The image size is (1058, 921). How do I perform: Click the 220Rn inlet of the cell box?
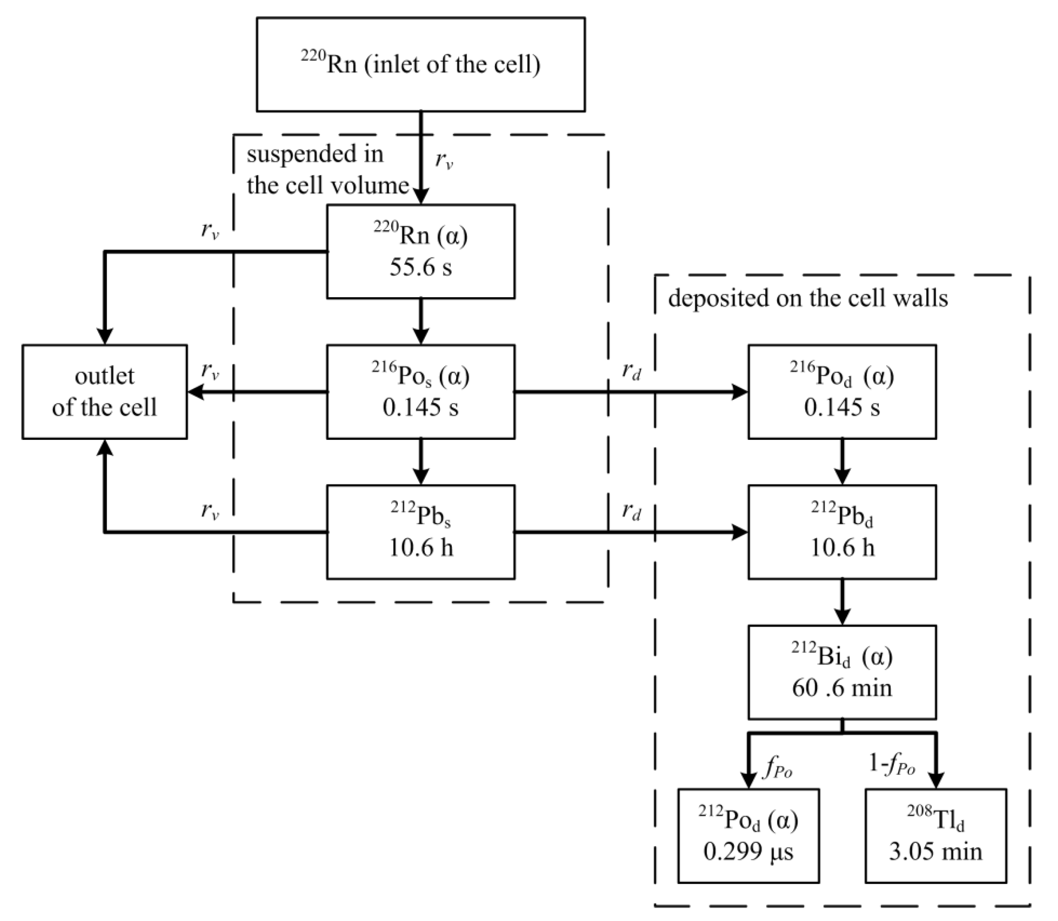tap(420, 65)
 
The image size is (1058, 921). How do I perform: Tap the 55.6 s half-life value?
tap(420, 267)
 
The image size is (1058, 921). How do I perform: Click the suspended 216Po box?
tap(420, 392)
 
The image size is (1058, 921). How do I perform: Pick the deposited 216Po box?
tap(841, 392)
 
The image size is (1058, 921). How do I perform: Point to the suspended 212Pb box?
tap(420, 532)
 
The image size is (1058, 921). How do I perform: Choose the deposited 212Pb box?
tap(841, 532)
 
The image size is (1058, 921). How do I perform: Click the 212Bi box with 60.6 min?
tap(841, 672)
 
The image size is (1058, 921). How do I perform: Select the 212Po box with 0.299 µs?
tap(748, 836)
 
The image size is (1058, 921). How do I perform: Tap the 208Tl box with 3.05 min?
tap(935, 836)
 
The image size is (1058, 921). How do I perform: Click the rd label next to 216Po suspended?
tap(631, 371)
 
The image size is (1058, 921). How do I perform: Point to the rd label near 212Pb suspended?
tap(631, 511)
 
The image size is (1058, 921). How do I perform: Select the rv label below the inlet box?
tap(444, 161)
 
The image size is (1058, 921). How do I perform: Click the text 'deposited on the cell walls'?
tap(807, 298)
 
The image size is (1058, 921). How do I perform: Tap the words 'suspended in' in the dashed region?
tap(315, 154)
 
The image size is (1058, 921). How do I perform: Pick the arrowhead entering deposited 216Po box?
tap(740, 392)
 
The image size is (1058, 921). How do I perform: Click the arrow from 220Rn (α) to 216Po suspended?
tap(421, 321)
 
